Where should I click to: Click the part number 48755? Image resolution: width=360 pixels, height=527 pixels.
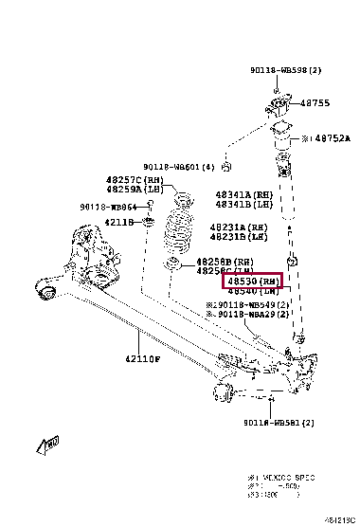[315, 104]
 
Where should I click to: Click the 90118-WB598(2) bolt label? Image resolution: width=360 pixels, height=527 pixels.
[287, 70]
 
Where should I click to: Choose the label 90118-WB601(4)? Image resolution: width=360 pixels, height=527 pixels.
[179, 168]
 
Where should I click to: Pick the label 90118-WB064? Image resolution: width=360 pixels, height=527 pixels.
[109, 206]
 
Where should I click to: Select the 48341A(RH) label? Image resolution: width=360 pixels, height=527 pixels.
[243, 194]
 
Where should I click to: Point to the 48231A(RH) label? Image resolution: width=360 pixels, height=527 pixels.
[239, 227]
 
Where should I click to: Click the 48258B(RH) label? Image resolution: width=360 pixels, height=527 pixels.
[225, 261]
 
